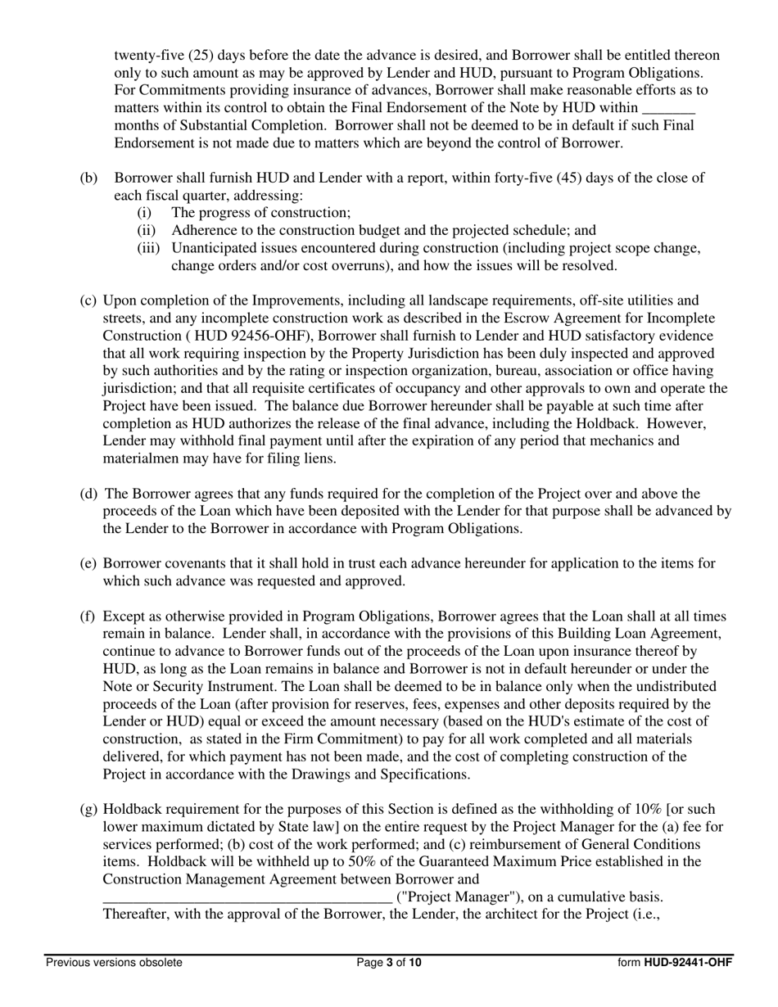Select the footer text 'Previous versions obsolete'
[x=114, y=963]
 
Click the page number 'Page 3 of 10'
[x=389, y=963]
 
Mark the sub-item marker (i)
[x=146, y=213]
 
